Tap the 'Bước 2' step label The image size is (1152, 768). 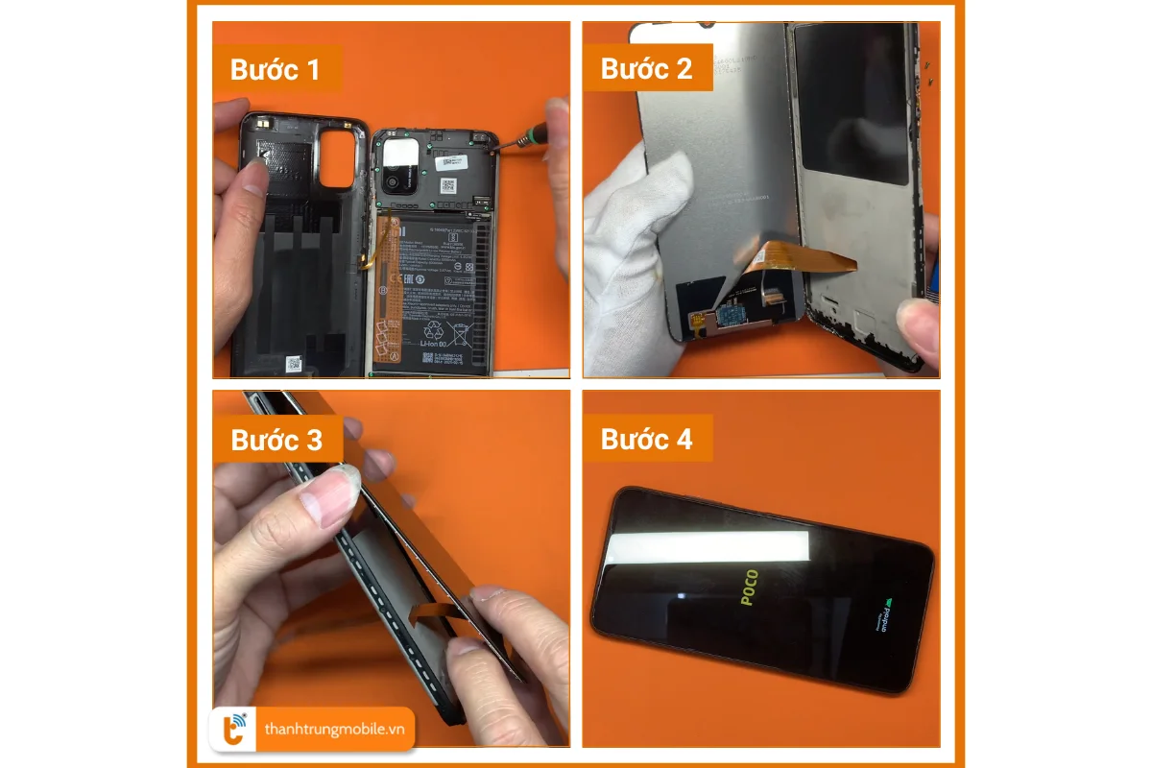[646, 69]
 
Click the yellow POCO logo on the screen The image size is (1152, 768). [749, 588]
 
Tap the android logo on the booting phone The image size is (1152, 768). [889, 617]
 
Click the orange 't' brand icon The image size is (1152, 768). [233, 730]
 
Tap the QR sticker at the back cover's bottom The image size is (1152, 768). [293, 364]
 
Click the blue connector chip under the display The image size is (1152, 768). [732, 314]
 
